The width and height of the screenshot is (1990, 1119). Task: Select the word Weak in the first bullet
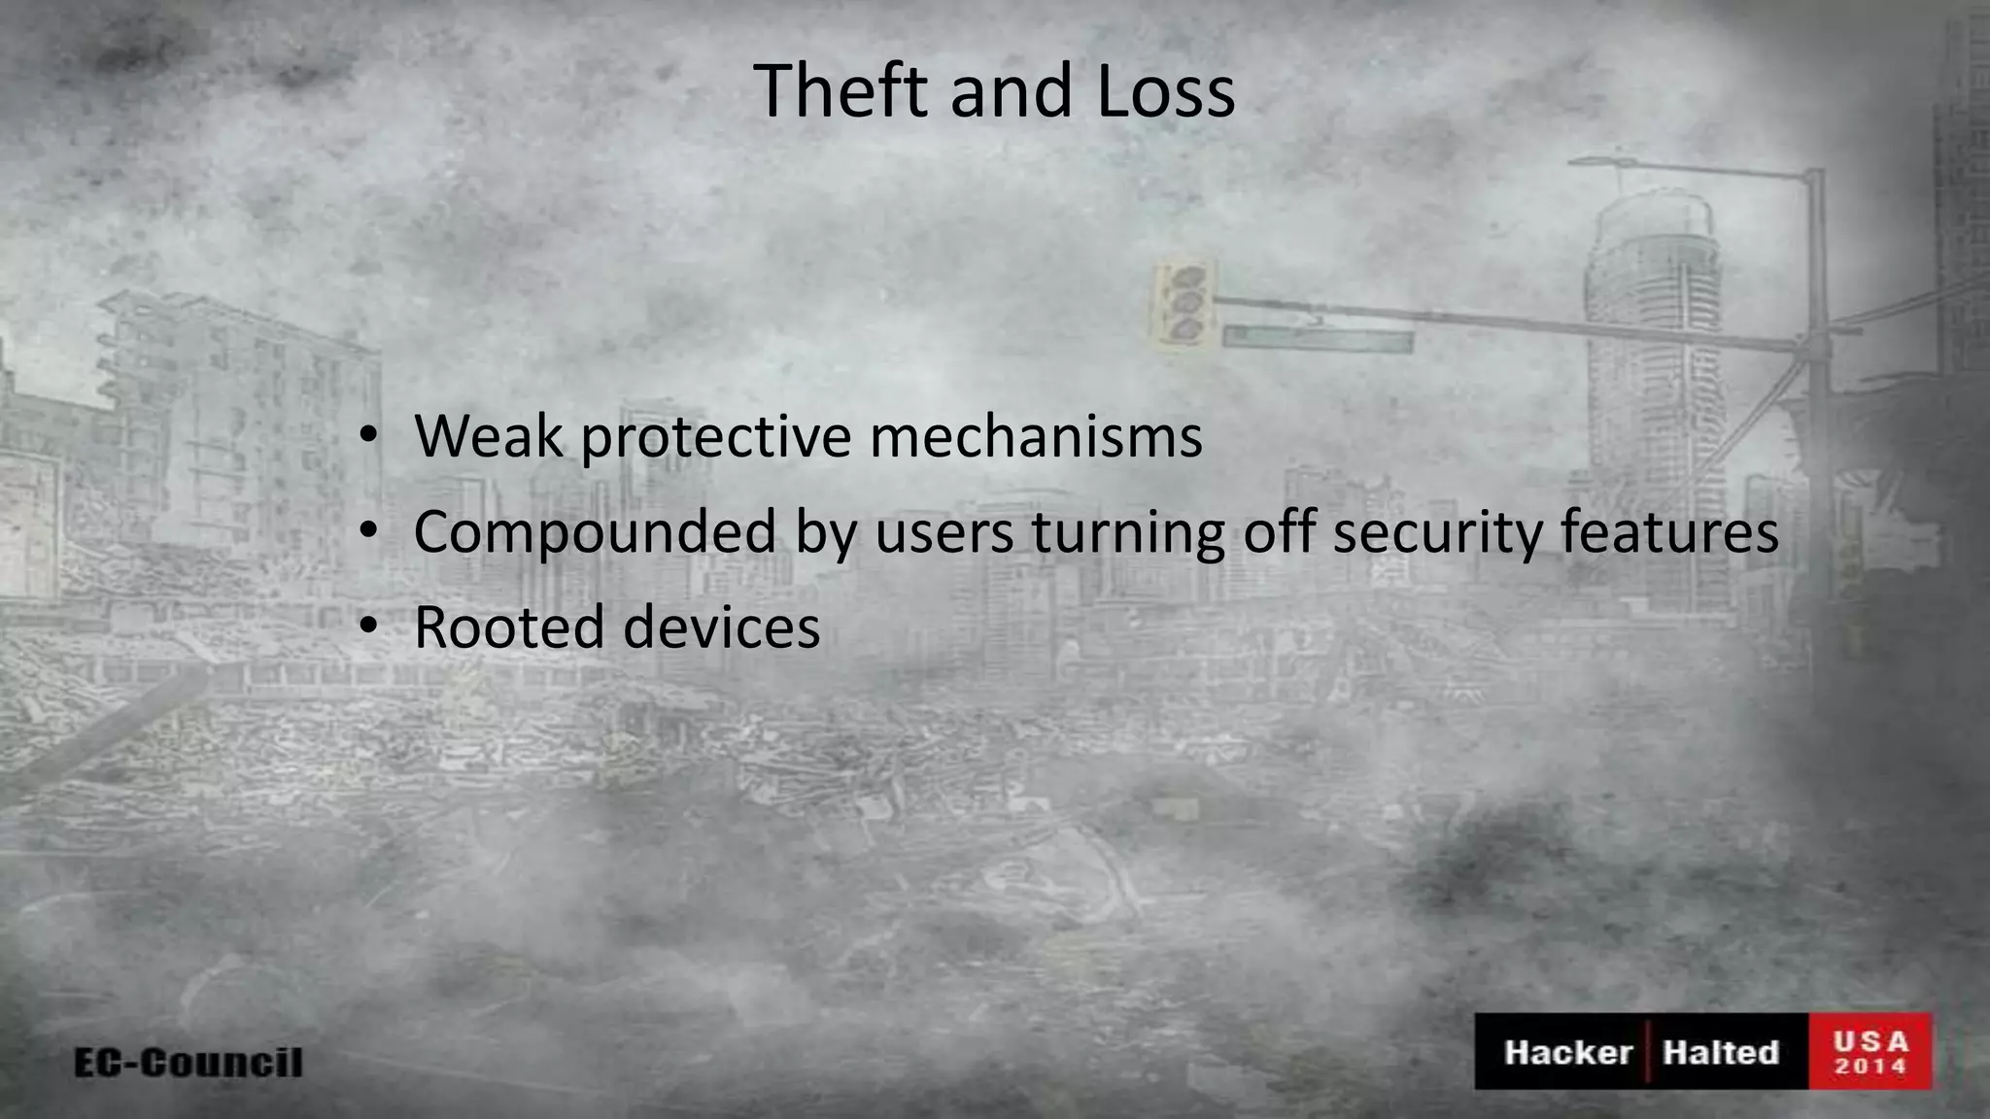pyautogui.click(x=488, y=436)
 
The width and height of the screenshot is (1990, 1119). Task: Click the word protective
pyautogui.click(x=716, y=438)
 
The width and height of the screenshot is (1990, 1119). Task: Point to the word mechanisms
pyautogui.click(x=1036, y=436)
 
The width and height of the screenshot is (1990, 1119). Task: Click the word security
pyautogui.click(x=1437, y=534)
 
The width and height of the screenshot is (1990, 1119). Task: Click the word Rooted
pyautogui.click(x=509, y=627)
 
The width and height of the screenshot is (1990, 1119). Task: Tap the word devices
pyautogui.click(x=721, y=627)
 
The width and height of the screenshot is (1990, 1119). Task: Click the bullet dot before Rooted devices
pyautogui.click(x=367, y=627)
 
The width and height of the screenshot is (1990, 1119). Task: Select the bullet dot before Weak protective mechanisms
pyautogui.click(x=367, y=436)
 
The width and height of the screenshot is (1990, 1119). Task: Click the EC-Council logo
pyautogui.click(x=189, y=1062)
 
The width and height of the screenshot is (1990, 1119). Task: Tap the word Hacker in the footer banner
pyautogui.click(x=1567, y=1052)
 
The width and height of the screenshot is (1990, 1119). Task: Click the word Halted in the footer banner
pyautogui.click(x=1720, y=1052)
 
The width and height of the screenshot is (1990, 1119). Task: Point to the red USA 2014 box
pyautogui.click(x=1870, y=1052)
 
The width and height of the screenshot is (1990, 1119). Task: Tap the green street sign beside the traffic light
pyautogui.click(x=1317, y=339)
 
